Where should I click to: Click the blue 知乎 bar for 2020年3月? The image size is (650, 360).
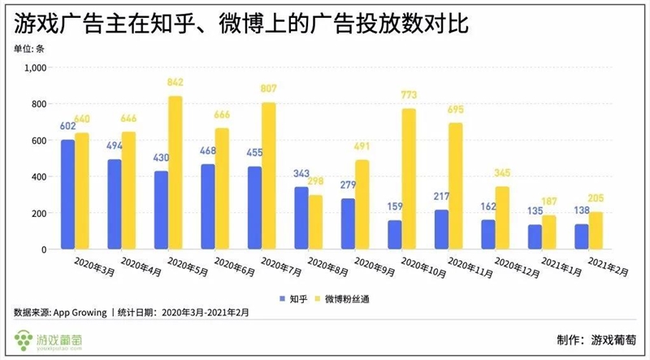[x=67, y=194]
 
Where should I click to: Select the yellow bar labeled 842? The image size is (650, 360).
[x=175, y=172]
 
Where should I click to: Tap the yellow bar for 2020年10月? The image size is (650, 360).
[x=409, y=179]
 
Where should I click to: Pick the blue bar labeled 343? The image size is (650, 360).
[x=301, y=218]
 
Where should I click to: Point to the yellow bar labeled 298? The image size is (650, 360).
[x=315, y=222]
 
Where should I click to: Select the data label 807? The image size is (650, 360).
[x=269, y=89]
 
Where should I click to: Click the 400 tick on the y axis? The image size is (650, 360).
[x=36, y=177]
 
